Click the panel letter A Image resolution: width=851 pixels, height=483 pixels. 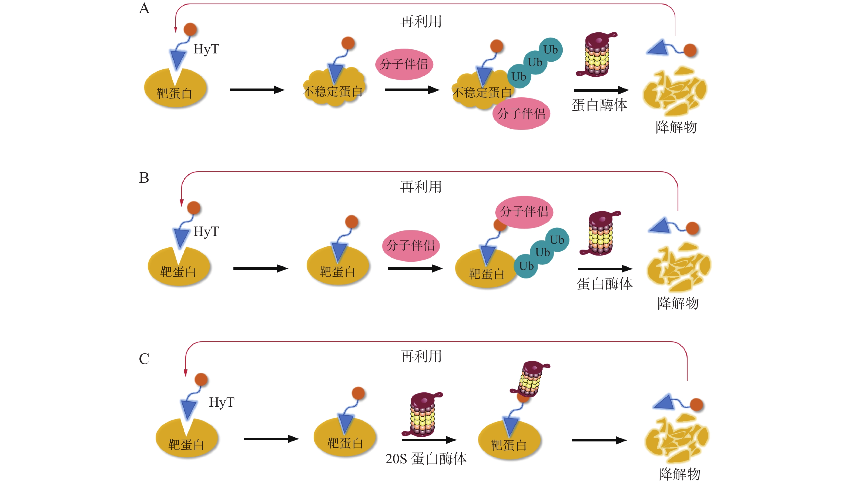pos(144,9)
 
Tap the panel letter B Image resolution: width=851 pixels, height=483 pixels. pos(144,178)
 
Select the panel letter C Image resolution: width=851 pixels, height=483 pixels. pos(144,359)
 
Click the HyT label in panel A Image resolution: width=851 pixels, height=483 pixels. pos(206,49)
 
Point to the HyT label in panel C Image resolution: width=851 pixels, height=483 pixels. pos(222,402)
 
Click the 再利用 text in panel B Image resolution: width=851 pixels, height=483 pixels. pos(421,187)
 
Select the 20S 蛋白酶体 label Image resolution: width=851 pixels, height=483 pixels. pos(426,459)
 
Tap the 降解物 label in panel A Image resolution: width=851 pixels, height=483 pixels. pos(676,127)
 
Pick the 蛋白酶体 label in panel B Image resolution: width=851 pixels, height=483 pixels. pos(605,284)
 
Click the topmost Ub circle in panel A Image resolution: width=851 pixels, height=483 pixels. pos(551,50)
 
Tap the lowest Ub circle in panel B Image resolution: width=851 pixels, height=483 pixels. pos(526,266)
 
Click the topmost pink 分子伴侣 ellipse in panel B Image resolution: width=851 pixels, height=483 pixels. pos(524,212)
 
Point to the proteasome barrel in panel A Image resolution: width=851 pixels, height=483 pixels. pos(596,55)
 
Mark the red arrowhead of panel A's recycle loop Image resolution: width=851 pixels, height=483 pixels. pos(176,30)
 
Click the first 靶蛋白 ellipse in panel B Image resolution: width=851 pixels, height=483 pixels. pos(179,267)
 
